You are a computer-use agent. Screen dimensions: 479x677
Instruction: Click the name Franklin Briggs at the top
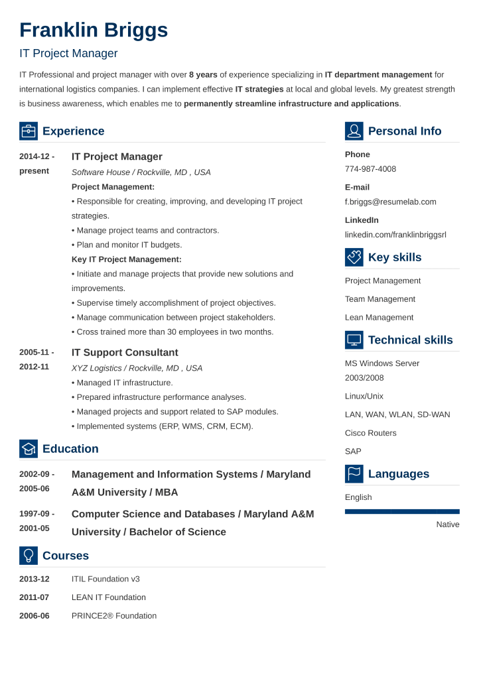pos(94,31)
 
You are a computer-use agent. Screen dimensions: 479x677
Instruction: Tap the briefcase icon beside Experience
pos(29,131)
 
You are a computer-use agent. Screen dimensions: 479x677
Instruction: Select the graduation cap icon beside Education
pos(29,449)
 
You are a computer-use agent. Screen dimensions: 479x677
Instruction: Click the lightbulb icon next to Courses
pos(29,556)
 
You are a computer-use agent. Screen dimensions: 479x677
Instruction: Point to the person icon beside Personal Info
pos(354,131)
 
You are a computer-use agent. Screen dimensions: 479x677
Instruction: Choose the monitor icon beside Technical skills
pos(354,340)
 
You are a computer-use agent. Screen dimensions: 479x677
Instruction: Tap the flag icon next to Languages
pos(354,474)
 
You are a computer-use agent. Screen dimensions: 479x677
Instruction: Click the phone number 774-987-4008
pos(370,169)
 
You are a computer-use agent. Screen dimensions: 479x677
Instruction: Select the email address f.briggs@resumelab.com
pos(390,202)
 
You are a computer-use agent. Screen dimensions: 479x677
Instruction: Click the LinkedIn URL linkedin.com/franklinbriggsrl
pos(395,235)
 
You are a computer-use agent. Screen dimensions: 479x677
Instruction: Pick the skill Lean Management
pos(379,318)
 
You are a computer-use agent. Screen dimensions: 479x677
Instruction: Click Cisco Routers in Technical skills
pos(370,433)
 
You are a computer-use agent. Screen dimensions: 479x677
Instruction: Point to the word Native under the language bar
pos(448,524)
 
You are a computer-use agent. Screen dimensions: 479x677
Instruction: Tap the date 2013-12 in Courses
pos(34,579)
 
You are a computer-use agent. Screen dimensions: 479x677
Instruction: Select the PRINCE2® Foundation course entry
pos(113,616)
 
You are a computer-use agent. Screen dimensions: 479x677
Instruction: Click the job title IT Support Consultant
pos(125,353)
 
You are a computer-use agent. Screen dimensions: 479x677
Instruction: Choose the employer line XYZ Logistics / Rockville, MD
pos(137,368)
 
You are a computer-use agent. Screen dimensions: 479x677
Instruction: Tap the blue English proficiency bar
pos(402,511)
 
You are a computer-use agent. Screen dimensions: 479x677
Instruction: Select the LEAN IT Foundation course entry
pos(108,597)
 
